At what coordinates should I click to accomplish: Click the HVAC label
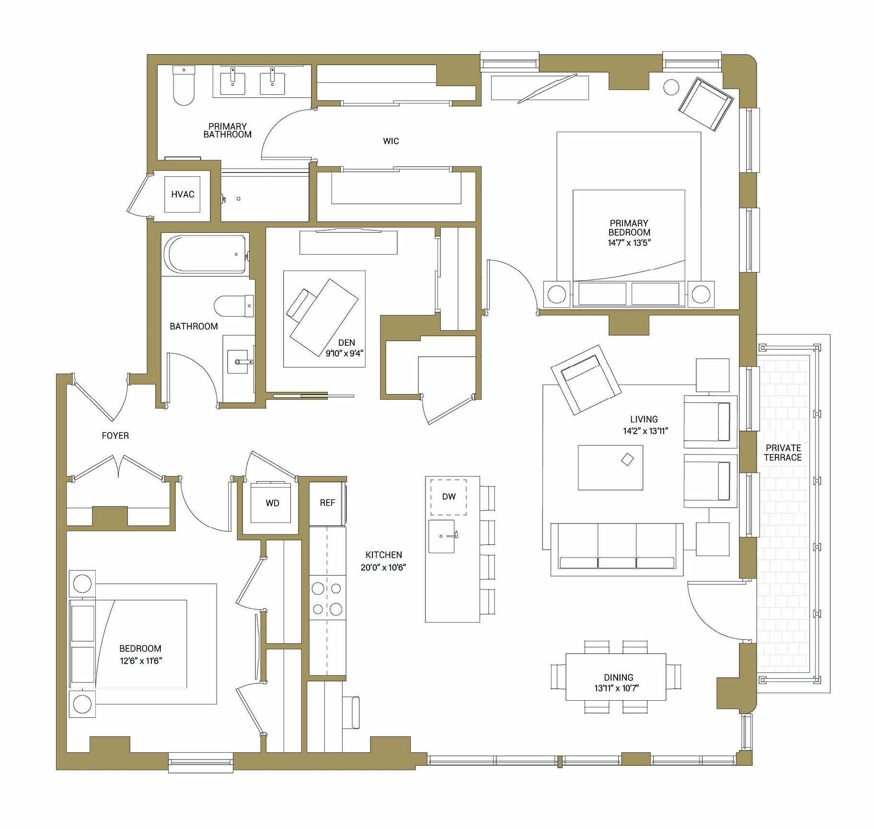[x=183, y=194]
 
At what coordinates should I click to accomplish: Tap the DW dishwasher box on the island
[x=448, y=497]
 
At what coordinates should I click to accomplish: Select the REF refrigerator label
[x=327, y=503]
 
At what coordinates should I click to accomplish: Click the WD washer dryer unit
[x=272, y=503]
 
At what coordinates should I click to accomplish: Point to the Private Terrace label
[x=783, y=453]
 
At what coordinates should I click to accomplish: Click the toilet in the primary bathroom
[x=184, y=86]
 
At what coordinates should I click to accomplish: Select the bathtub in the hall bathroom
[x=205, y=254]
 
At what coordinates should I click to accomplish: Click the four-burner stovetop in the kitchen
[x=327, y=598]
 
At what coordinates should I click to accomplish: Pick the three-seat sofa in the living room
[x=617, y=549]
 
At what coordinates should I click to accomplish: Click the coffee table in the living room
[x=610, y=467]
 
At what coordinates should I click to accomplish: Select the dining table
[x=616, y=677]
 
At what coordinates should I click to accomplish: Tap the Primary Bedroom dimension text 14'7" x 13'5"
[x=629, y=243]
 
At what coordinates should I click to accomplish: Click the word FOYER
[x=115, y=436]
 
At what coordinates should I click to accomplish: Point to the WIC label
[x=391, y=141]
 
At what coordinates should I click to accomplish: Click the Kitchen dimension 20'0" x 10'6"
[x=383, y=568]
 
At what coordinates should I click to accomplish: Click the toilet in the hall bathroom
[x=234, y=306]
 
